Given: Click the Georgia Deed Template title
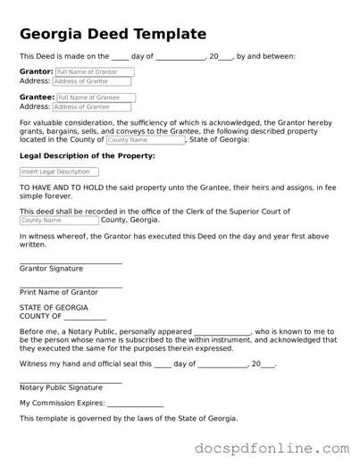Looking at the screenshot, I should (113, 34).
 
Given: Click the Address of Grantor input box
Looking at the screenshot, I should (88, 81).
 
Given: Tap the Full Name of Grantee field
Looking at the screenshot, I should (96, 97).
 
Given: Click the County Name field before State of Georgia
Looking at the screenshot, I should (145, 140).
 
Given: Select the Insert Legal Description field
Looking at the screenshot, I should (59, 171).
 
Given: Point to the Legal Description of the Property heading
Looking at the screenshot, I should (87, 155).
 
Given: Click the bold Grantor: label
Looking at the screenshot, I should (37, 71).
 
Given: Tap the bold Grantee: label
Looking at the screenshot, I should (38, 97).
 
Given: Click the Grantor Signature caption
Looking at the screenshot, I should (51, 268).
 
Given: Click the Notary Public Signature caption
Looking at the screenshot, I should (61, 387).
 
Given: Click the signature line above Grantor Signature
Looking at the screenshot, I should (71, 262).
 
